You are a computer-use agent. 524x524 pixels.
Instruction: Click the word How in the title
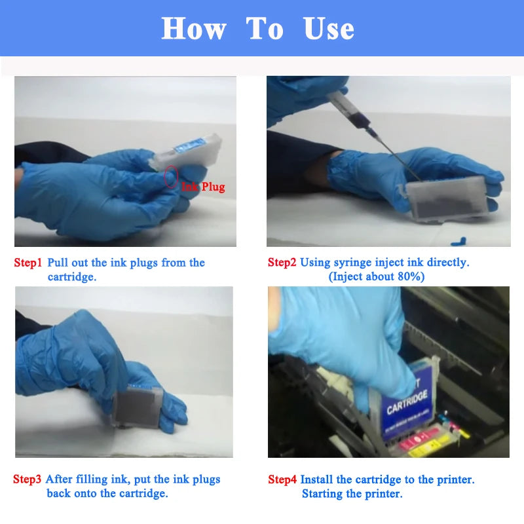[194, 29]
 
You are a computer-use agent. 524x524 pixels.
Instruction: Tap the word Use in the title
[329, 29]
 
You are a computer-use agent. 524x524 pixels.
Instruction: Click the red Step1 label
[28, 263]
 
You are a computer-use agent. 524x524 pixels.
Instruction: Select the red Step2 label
[282, 263]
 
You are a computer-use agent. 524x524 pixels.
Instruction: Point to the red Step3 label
[28, 479]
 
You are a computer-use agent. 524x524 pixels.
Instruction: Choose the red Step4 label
[282, 479]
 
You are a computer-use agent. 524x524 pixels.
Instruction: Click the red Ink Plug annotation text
[203, 187]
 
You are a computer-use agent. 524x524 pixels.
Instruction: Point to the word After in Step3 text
[60, 479]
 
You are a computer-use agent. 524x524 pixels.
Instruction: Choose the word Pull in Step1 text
[59, 263]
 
